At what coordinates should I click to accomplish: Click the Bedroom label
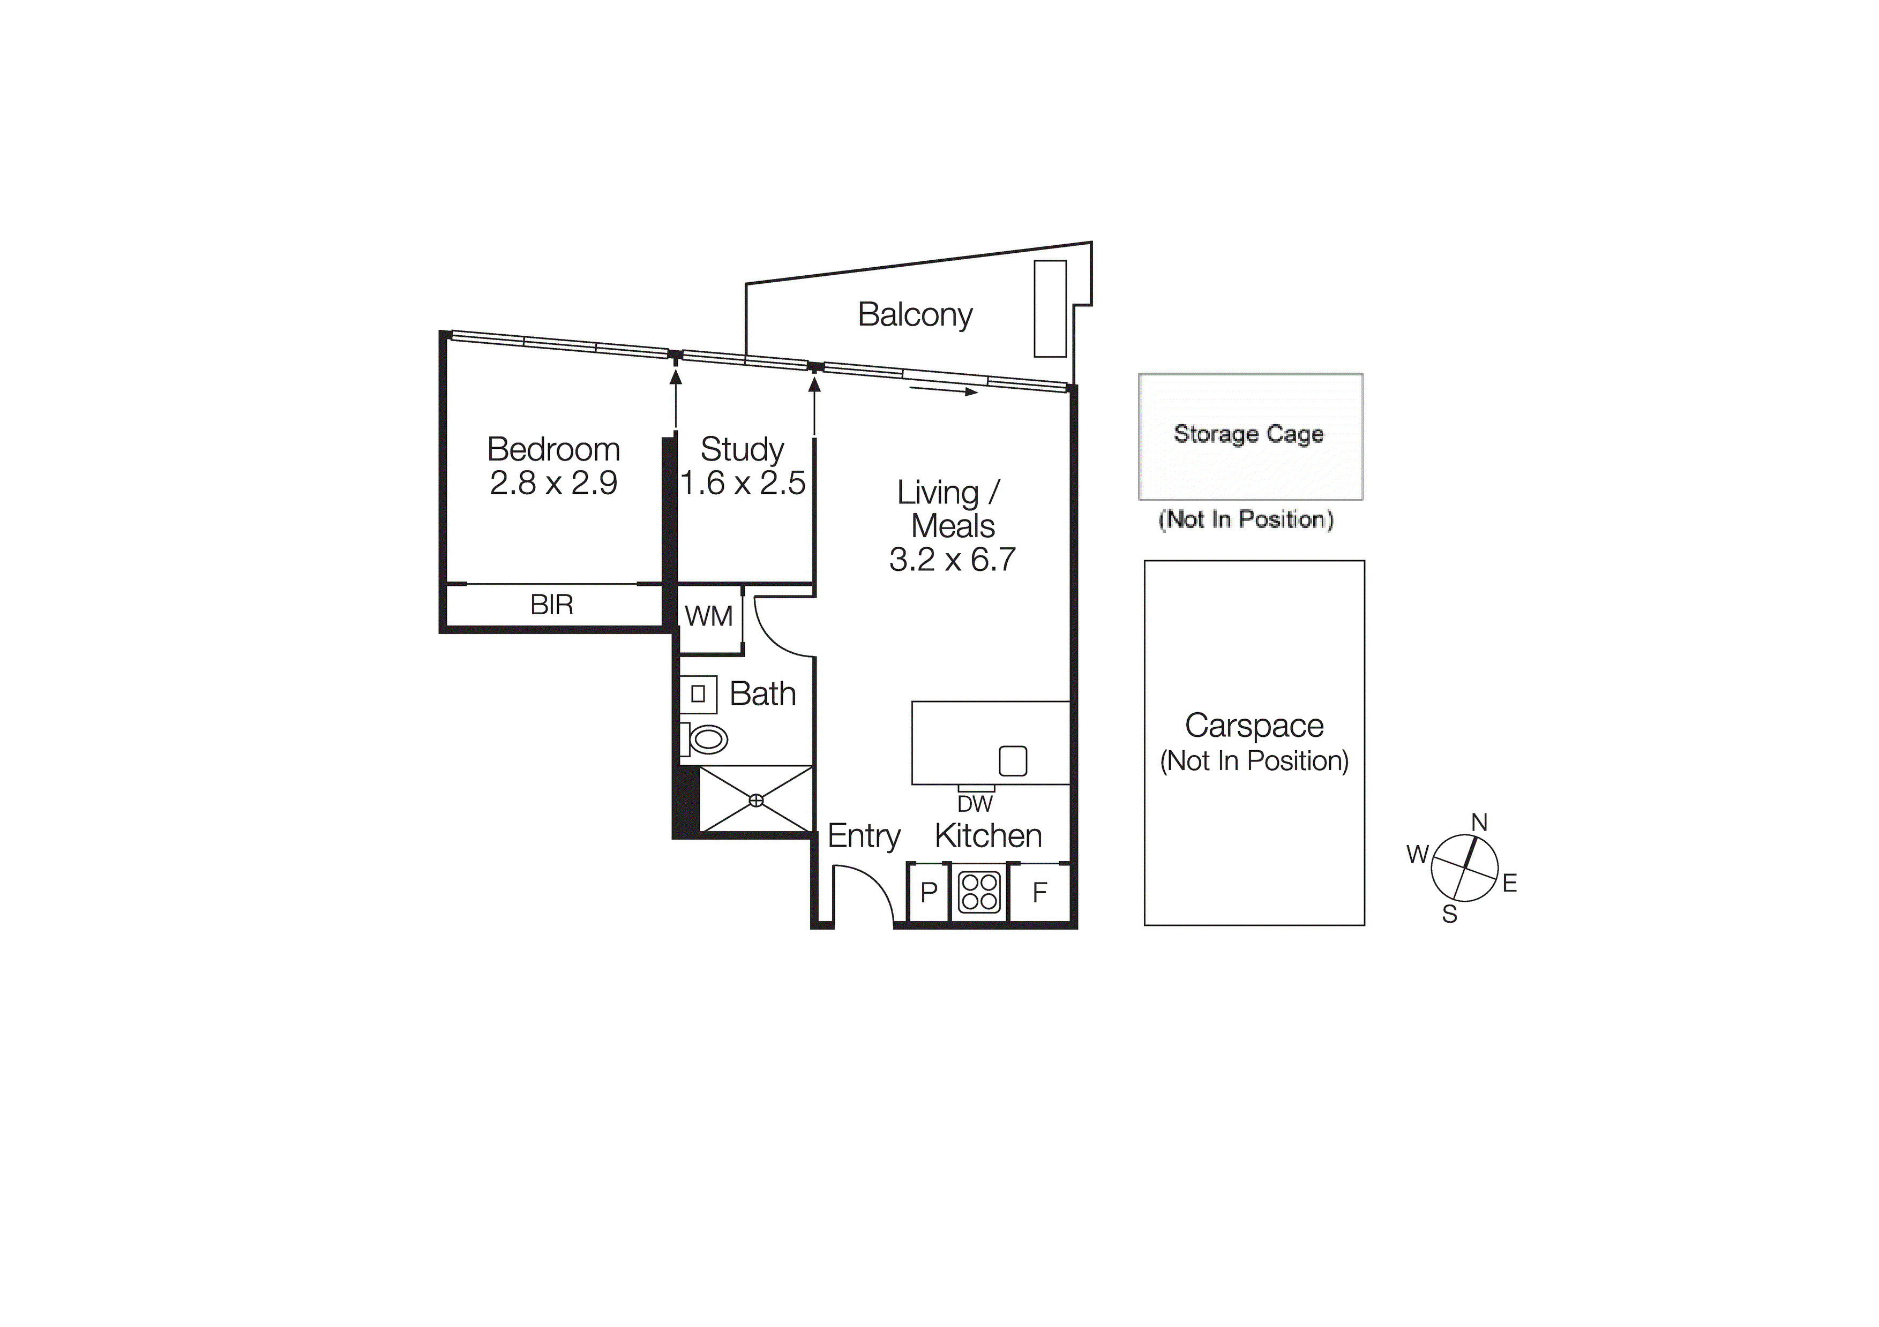tap(553, 449)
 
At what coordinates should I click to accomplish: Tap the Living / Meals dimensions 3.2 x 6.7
tap(952, 560)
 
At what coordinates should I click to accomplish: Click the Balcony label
tap(915, 315)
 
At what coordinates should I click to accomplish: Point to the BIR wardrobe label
tap(551, 606)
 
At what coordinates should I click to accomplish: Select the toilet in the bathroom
tap(706, 740)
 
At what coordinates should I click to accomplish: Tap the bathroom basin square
tap(698, 694)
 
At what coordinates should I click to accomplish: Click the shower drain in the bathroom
tap(756, 800)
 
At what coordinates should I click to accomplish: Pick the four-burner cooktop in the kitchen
tap(979, 892)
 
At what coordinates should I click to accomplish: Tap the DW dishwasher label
tap(975, 804)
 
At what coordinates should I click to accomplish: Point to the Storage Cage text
tap(1248, 434)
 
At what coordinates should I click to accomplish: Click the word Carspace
tap(1254, 726)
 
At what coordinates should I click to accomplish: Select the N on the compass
tap(1479, 822)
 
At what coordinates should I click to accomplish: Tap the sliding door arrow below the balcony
tap(943, 390)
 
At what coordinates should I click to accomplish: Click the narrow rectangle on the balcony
tap(1050, 308)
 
